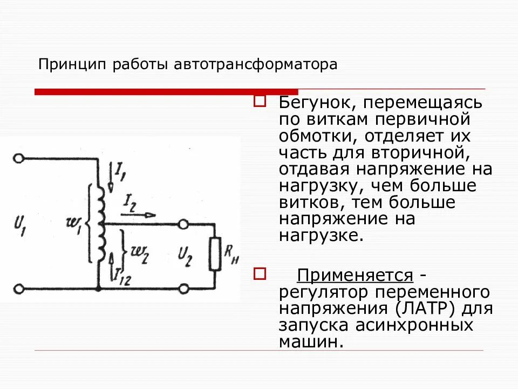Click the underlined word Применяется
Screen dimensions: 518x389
click(x=355, y=276)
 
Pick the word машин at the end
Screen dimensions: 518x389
click(x=310, y=342)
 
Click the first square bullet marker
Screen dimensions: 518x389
click(x=260, y=101)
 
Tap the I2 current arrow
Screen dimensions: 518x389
click(x=138, y=214)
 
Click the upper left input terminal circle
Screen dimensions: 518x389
click(x=19, y=159)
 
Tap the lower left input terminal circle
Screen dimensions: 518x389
click(x=19, y=289)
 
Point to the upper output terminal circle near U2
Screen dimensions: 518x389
click(x=184, y=223)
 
